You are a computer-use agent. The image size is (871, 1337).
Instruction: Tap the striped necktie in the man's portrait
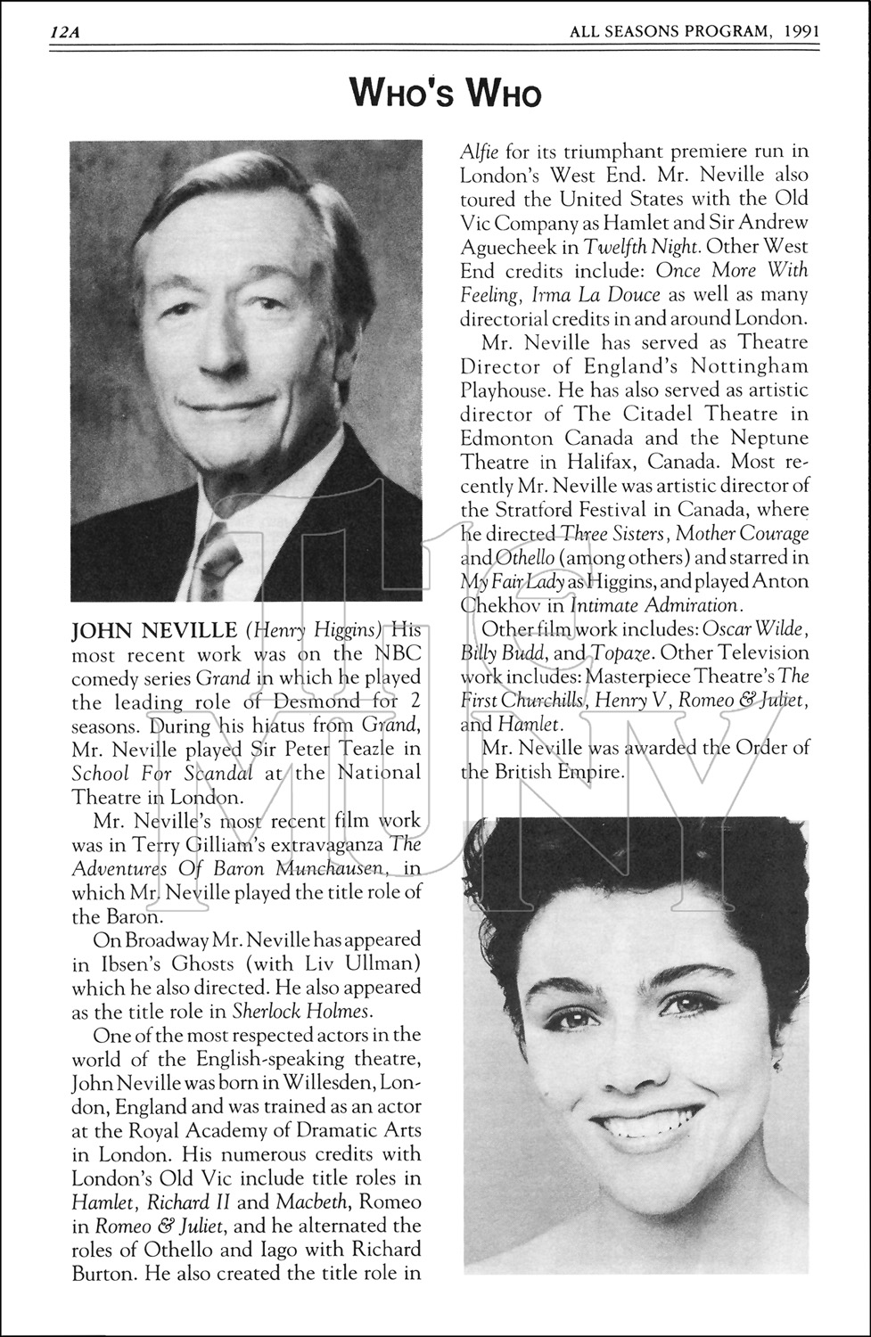pos(215,562)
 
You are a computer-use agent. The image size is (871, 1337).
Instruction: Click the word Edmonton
pos(508,438)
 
